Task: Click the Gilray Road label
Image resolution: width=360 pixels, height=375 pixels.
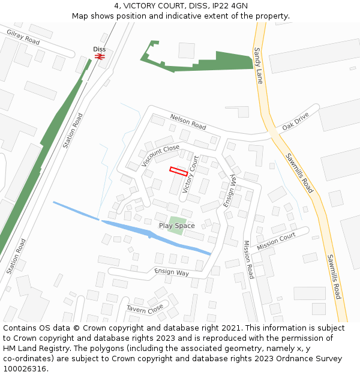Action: click(23, 37)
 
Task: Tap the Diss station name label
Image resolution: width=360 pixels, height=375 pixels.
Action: click(100, 49)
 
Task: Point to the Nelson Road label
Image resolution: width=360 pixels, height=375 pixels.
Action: click(188, 122)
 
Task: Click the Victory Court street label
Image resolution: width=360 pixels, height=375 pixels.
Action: click(190, 174)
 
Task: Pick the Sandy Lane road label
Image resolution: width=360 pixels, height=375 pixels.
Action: click(259, 65)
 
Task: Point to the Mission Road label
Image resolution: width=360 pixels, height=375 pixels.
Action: click(248, 259)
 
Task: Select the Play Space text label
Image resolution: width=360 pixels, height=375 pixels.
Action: click(176, 226)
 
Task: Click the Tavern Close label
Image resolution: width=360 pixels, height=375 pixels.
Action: click(145, 308)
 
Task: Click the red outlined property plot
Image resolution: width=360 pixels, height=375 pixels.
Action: click(179, 171)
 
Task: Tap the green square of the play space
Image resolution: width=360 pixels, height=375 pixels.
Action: click(176, 226)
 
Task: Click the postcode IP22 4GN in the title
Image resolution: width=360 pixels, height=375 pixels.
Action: click(226, 6)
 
